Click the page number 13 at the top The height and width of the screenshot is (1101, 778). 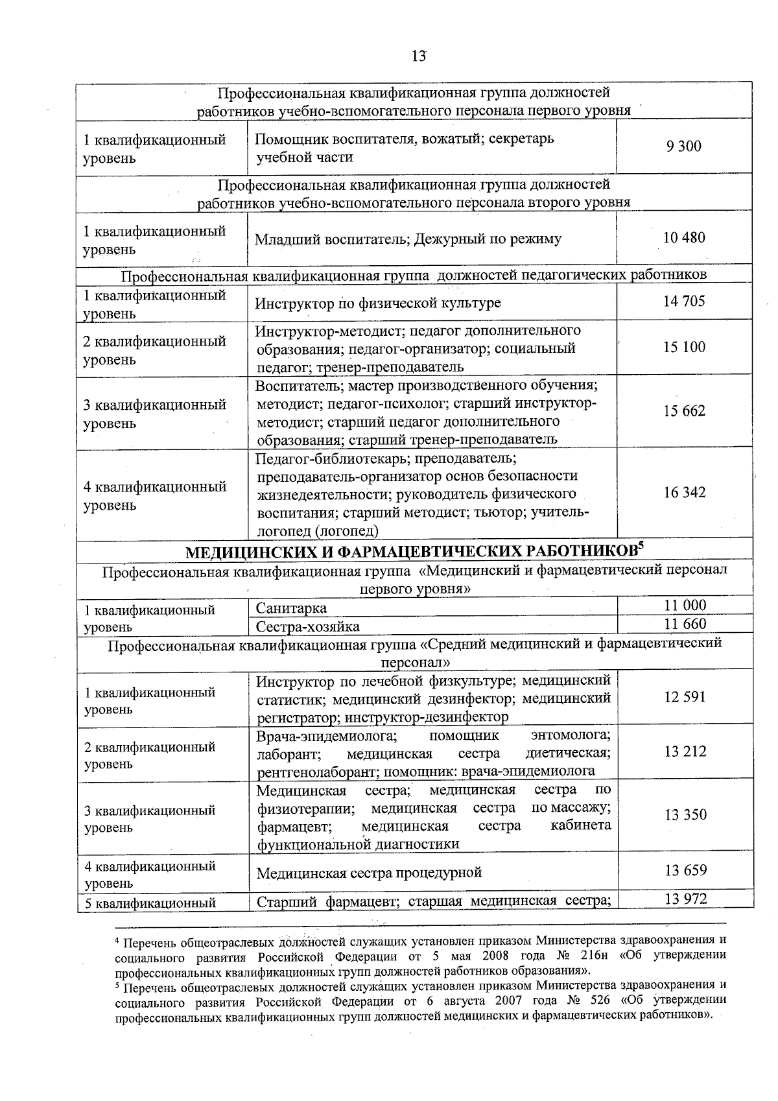tap(419, 56)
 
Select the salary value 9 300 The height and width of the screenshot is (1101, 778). tap(684, 147)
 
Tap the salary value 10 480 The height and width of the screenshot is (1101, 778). tap(684, 238)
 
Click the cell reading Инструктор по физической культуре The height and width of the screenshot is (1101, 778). tap(378, 303)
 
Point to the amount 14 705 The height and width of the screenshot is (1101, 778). tap(684, 302)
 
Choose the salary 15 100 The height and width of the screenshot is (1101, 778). tap(684, 348)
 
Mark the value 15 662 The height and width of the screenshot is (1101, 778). tap(684, 411)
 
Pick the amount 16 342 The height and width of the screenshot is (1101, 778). tap(684, 493)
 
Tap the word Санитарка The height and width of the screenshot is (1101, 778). tap(291, 608)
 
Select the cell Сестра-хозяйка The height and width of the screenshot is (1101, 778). tap(308, 626)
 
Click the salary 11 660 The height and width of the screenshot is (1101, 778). tap(685, 624)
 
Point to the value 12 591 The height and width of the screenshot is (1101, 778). tap(685, 698)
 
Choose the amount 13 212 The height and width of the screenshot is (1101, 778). tap(685, 752)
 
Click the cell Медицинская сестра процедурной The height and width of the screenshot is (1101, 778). tap(369, 873)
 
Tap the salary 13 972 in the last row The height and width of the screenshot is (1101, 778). tap(685, 899)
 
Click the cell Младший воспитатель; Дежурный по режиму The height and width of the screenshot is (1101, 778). tap(408, 239)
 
